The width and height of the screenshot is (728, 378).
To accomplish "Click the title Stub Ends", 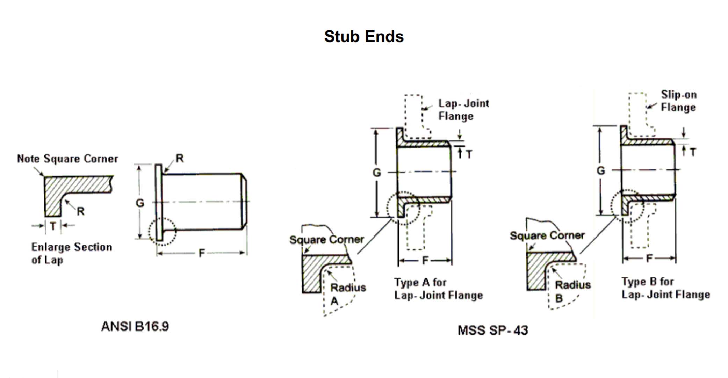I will pyautogui.click(x=364, y=36).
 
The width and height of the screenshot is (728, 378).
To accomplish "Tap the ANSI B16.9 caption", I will pyautogui.click(x=135, y=326).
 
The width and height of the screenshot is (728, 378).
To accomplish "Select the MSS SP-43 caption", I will pyautogui.click(x=493, y=330).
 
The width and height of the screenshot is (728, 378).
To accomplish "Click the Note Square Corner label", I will pyautogui.click(x=67, y=159).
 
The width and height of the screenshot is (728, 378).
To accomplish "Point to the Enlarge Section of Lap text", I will pyautogui.click(x=71, y=253).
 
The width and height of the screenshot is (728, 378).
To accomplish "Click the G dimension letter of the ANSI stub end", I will pyautogui.click(x=140, y=203).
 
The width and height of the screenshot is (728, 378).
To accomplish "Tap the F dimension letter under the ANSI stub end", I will pyautogui.click(x=202, y=253).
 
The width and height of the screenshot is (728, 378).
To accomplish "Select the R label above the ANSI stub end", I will pyautogui.click(x=180, y=158).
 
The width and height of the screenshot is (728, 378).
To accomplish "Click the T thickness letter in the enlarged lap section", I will pyautogui.click(x=53, y=226).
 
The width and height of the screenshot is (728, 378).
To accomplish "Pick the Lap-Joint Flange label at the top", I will pyautogui.click(x=463, y=109).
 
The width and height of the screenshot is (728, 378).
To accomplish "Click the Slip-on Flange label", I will pyautogui.click(x=678, y=101).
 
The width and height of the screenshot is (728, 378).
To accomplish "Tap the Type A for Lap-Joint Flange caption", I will pyautogui.click(x=438, y=289).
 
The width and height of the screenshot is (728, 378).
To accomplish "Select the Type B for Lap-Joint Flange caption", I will pyautogui.click(x=665, y=288).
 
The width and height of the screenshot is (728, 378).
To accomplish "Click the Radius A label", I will pyautogui.click(x=347, y=293).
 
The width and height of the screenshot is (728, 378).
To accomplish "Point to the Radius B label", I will pyautogui.click(x=572, y=291).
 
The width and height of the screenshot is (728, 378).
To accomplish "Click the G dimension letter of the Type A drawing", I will pyautogui.click(x=376, y=173).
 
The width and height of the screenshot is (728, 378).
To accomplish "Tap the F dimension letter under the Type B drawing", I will pyautogui.click(x=649, y=258).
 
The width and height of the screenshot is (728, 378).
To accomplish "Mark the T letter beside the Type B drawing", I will pyautogui.click(x=693, y=152).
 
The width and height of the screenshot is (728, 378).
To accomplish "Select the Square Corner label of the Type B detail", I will pyautogui.click(x=547, y=235).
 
